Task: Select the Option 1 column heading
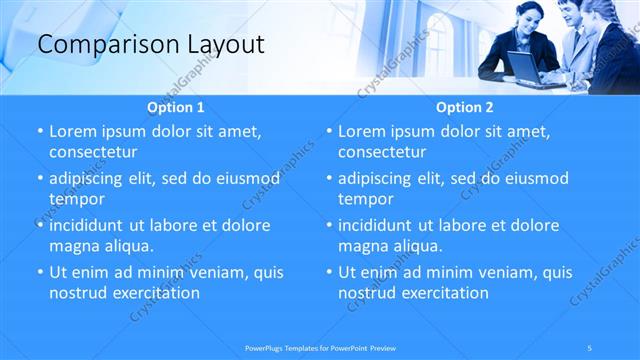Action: tap(176, 107)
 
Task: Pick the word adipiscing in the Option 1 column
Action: tap(90, 178)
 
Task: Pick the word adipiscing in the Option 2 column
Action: tap(379, 178)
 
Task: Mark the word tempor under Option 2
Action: tap(366, 199)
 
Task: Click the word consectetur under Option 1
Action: tap(93, 152)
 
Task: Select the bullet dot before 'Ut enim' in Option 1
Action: tap(39, 272)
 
